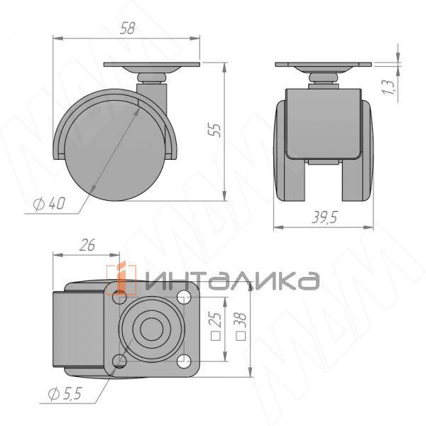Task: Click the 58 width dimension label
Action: click(127, 29)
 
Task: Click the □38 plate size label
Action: click(241, 326)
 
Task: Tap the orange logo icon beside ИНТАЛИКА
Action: click(120, 278)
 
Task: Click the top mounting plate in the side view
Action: click(153, 67)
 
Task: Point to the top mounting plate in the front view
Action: click(324, 67)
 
